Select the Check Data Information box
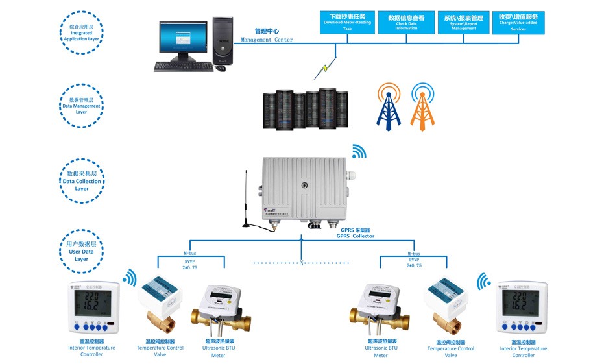[406, 22]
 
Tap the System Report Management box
[464, 22]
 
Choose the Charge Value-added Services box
[518, 22]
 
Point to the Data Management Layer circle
[81, 106]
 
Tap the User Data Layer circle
[81, 252]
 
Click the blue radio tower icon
[389, 106]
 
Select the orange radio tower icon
[422, 106]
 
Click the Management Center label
[267, 35]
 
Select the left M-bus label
[190, 254]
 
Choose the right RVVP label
[414, 260]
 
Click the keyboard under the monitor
[184, 66]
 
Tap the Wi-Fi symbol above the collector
[359, 152]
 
